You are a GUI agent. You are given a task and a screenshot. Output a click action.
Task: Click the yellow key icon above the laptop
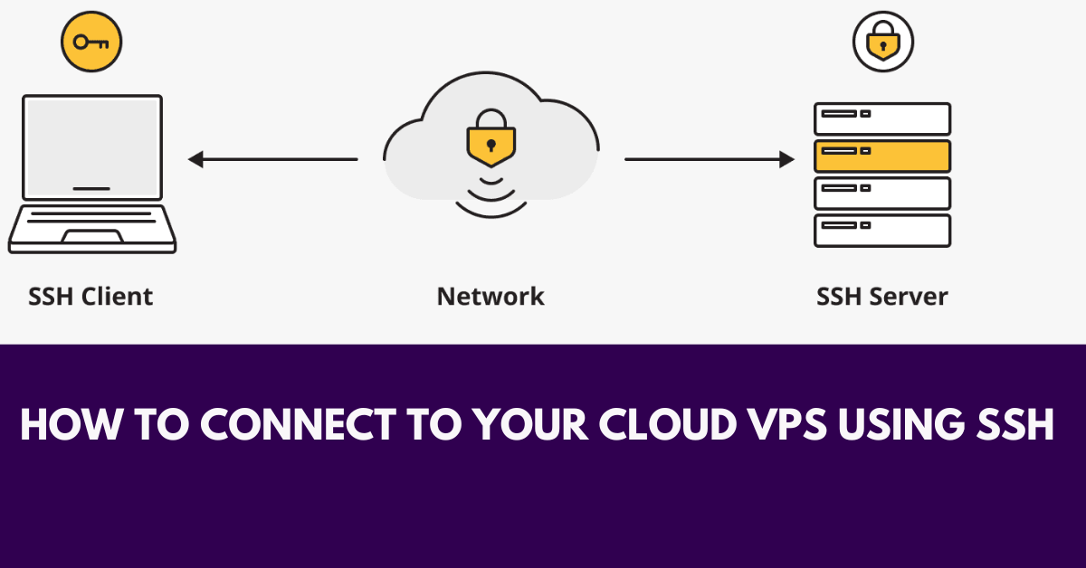(90, 42)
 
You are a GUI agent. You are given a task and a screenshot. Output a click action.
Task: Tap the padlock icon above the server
(882, 42)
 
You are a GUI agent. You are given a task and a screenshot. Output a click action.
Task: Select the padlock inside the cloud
(491, 137)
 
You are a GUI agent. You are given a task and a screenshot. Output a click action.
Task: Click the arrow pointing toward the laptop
(271, 160)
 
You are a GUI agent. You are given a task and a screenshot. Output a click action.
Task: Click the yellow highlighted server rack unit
(882, 156)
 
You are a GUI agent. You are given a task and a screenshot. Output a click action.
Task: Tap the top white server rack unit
(882, 118)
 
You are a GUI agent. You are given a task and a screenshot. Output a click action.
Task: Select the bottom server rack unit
(882, 230)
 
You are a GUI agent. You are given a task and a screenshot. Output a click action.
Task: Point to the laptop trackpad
(92, 236)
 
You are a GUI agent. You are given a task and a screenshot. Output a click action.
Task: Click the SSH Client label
(90, 296)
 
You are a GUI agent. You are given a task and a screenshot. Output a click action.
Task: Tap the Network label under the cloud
(491, 296)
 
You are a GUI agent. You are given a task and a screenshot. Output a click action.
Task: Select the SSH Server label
(882, 296)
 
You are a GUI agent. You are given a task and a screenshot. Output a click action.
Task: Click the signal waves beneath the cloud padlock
(491, 194)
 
